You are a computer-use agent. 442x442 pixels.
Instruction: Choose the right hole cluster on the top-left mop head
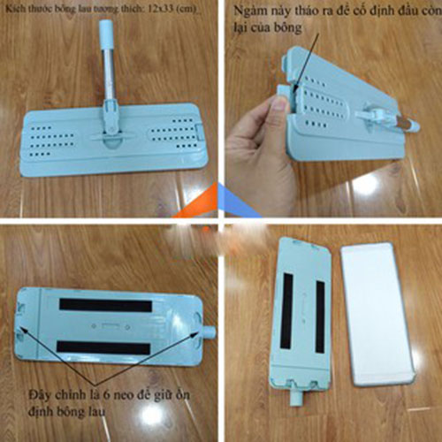tap(171, 137)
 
